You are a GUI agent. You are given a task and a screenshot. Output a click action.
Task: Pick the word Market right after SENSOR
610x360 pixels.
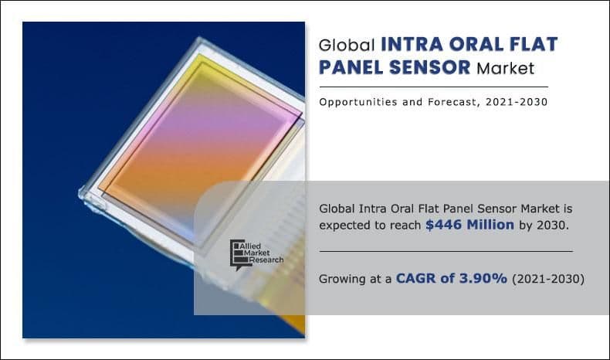(505, 68)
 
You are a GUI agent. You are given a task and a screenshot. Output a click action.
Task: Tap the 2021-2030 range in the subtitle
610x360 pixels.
(523, 102)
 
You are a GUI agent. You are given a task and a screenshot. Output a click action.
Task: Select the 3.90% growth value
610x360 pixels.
(483, 278)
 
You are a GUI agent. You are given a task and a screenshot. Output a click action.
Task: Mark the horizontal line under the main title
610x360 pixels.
(433, 87)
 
